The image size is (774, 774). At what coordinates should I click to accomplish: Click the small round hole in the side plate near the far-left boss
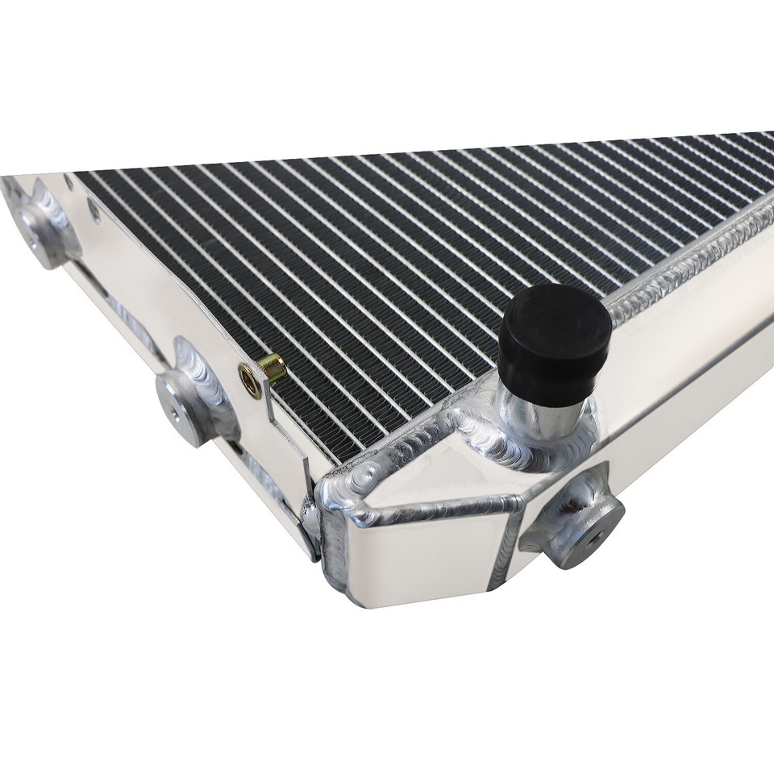click(x=94, y=212)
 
